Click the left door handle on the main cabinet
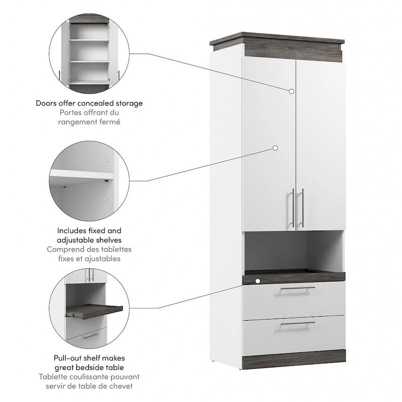(x=292, y=208)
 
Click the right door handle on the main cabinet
(x=302, y=208)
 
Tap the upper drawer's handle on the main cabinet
(x=297, y=289)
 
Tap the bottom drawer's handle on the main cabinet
(x=297, y=324)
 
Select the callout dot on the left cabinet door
(x=291, y=91)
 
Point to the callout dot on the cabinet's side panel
(x=275, y=148)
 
